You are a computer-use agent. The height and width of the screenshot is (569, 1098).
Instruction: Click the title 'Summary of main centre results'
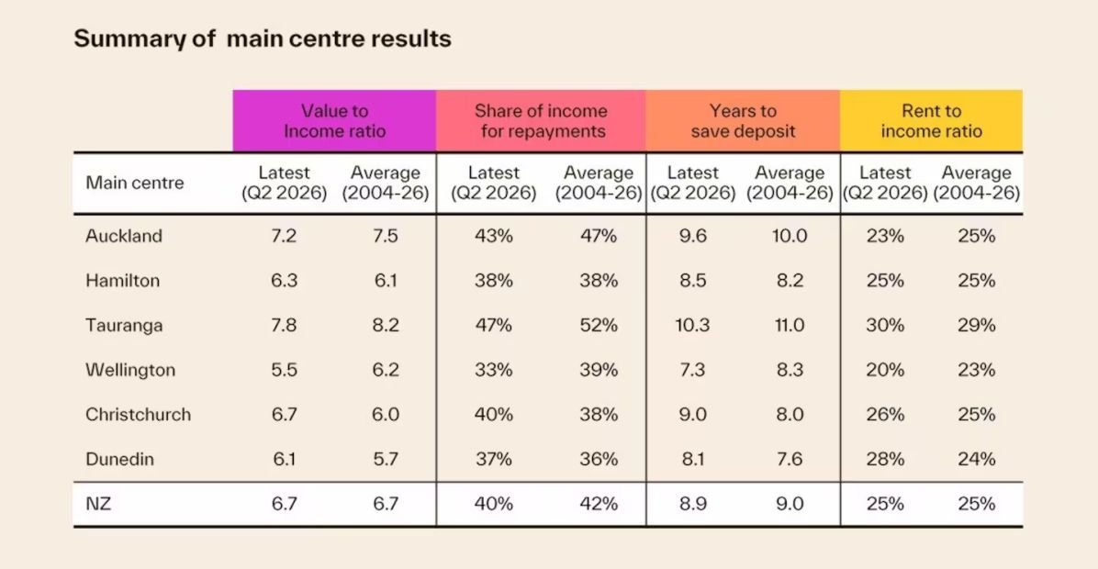point(263,39)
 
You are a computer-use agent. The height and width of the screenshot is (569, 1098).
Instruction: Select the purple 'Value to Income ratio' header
point(335,120)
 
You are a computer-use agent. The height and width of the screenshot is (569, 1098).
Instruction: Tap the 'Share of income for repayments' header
point(541,120)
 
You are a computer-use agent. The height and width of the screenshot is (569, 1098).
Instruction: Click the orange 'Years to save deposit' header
point(743,120)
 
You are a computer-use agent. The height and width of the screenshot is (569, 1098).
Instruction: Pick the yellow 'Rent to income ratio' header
point(931,120)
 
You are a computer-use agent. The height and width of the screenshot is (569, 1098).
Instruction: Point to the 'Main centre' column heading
point(134,183)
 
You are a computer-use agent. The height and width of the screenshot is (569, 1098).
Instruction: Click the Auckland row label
point(124,236)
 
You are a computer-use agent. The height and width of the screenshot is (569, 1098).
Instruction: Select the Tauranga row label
point(124,326)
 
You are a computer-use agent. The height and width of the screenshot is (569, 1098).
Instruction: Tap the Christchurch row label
point(138,414)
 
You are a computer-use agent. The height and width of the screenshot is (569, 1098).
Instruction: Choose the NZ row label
point(98,504)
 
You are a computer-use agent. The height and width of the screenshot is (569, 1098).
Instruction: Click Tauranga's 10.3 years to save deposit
point(692,326)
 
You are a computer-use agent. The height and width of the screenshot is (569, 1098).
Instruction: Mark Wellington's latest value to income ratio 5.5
point(285,370)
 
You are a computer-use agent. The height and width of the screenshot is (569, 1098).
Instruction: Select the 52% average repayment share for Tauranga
point(599,326)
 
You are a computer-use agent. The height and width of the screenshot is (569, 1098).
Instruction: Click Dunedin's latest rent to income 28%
point(885,459)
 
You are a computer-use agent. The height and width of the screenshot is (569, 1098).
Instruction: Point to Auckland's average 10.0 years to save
point(790,236)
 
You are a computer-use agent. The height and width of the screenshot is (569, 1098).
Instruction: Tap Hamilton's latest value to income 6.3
point(285,281)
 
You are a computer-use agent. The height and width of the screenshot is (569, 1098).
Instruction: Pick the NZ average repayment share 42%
point(599,504)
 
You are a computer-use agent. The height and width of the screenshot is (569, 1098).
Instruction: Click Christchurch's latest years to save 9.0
point(692,414)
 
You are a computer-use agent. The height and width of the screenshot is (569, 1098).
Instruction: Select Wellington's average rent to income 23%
point(976,370)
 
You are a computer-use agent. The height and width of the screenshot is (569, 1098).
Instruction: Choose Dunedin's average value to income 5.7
point(386,459)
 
